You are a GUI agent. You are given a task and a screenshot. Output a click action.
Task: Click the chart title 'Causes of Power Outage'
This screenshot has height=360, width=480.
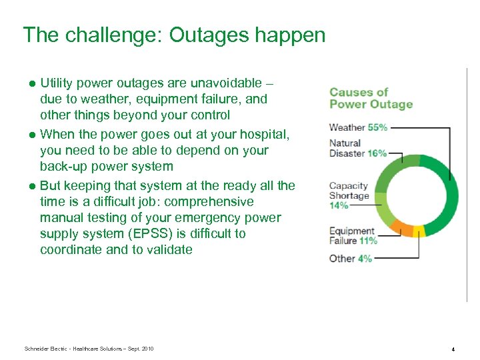tap(371, 98)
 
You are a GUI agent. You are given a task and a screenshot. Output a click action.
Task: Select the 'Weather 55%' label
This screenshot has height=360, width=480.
tap(359, 127)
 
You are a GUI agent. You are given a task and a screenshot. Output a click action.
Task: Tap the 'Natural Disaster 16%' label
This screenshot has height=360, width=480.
tap(357, 148)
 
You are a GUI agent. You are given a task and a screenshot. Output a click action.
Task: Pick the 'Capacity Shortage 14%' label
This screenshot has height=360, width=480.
tap(349, 195)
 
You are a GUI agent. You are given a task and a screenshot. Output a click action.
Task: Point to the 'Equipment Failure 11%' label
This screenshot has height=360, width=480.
tap(353, 236)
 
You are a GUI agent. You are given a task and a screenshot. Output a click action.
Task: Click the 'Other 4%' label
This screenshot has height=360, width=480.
tap(351, 258)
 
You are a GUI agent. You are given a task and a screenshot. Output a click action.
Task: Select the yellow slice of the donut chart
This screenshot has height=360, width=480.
tap(419, 231)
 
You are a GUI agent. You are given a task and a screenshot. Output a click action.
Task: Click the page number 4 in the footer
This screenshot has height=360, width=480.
tap(453, 349)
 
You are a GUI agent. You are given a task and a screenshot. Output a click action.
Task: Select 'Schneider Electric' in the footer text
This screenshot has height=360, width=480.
tap(46, 349)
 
